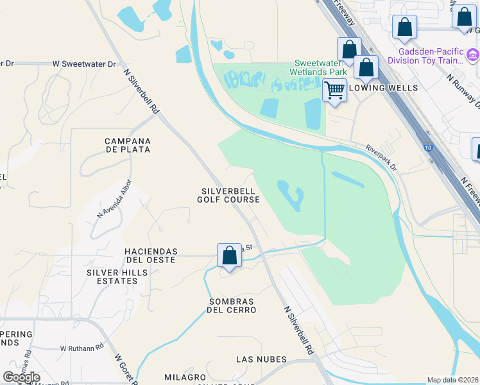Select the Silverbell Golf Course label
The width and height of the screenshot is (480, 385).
pyautogui.click(x=230, y=195)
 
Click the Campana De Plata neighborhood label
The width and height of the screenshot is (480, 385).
pyautogui.click(x=128, y=145)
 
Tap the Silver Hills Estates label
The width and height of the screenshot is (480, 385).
pyautogui.click(x=117, y=277)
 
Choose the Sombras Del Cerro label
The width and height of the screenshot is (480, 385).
pyautogui.click(x=231, y=305)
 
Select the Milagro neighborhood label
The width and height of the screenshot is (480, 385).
pyautogui.click(x=184, y=377)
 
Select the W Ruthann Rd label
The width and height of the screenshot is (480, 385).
pyautogui.click(x=81, y=348)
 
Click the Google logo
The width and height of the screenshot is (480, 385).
pyautogui.click(x=21, y=377)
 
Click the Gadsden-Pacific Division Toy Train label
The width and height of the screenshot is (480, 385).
pyautogui.click(x=439, y=56)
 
